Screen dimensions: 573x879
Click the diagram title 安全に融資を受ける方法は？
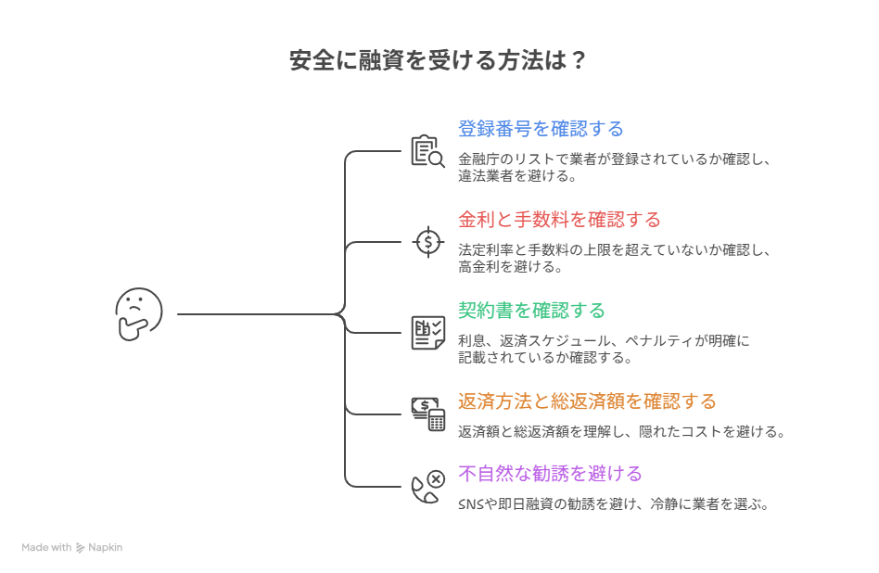[x=438, y=61]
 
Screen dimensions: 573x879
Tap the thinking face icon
[x=139, y=313]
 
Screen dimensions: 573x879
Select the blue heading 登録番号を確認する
[x=541, y=129]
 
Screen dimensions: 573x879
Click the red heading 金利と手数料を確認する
[x=559, y=220]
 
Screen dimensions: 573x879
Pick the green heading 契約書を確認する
[x=531, y=310]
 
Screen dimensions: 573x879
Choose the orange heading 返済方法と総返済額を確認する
[x=587, y=401]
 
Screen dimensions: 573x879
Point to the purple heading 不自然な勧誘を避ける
[x=550, y=474]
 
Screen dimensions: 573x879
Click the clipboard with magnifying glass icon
[x=427, y=151]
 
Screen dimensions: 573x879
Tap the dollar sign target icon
[x=427, y=242]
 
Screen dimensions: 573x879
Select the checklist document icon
[x=427, y=332]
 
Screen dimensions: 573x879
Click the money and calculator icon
[x=428, y=414]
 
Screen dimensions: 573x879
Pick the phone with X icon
[x=427, y=486]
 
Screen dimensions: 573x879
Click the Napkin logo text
[x=105, y=548]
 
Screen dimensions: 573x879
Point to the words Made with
[x=46, y=548]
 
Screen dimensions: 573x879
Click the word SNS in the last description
[x=470, y=505]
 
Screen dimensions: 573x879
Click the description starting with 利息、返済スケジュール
[x=604, y=349]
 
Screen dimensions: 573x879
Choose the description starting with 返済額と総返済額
[x=621, y=432]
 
